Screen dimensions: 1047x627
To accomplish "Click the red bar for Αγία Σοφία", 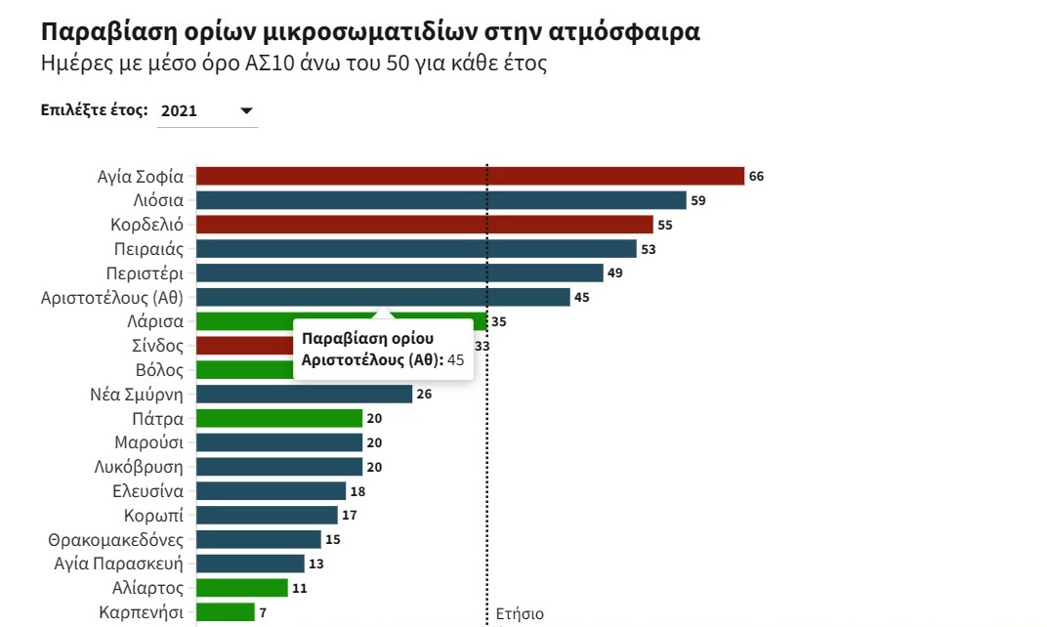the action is point(470,176).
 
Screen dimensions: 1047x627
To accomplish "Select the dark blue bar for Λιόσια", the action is point(441,200).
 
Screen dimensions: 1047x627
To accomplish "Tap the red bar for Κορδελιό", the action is point(425,225).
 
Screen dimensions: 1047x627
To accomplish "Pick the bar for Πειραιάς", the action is point(417,248).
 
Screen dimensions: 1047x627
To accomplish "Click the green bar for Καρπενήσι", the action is point(226,611).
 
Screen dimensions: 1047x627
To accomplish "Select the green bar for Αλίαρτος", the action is point(242,588).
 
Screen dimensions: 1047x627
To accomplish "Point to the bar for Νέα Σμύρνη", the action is point(305,394).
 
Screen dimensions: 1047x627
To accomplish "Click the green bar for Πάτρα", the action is point(279,418).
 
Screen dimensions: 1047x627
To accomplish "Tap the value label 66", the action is point(756,176).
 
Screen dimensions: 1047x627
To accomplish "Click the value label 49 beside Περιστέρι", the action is point(615,273).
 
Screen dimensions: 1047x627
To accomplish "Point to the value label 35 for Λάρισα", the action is point(499,322).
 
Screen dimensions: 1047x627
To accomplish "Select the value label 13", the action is point(315,564).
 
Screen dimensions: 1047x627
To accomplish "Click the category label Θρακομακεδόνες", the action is point(115,539).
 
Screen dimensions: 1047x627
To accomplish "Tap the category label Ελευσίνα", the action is point(147,491).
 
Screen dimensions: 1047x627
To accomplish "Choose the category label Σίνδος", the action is point(157,346).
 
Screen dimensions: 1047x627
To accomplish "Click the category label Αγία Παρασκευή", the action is point(118,564).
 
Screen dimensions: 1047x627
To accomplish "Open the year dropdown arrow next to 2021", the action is point(246,110).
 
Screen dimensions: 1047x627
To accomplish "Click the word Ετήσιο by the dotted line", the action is point(520,613).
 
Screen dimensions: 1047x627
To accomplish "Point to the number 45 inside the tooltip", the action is point(455,360).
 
